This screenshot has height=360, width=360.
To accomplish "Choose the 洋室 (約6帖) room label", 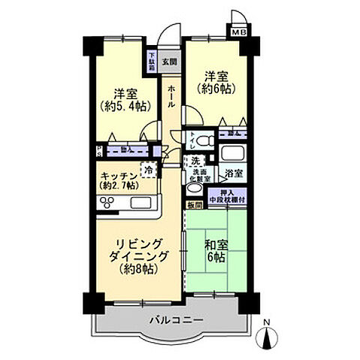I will tap(214, 81).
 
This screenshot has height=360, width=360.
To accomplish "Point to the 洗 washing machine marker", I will tap(195, 161).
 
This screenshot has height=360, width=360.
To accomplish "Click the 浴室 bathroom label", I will tap(235, 173).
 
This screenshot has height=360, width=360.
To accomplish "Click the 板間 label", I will tap(195, 205).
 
